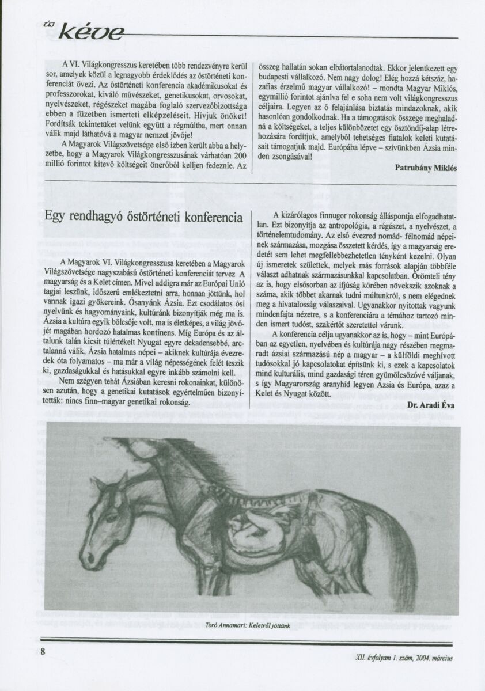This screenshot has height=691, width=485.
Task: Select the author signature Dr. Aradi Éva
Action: pos(433,405)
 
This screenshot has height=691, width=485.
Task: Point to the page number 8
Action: pos(43,651)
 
